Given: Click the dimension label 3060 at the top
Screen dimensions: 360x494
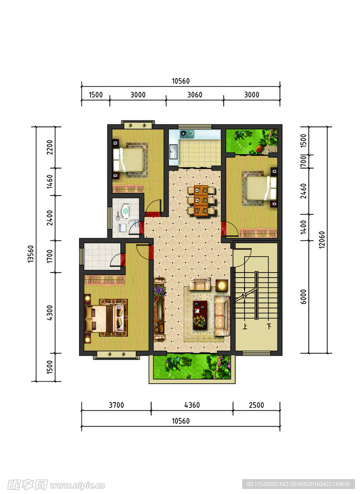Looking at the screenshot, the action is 194,95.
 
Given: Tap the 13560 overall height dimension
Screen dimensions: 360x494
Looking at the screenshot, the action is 30,254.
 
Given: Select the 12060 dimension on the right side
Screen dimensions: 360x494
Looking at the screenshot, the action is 321,240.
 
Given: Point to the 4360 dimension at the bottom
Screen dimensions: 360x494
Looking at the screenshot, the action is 192,405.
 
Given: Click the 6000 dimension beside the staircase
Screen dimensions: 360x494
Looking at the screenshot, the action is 303,296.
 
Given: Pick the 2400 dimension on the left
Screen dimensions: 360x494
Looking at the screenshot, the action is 50,218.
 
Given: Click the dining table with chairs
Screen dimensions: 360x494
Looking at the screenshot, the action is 201,200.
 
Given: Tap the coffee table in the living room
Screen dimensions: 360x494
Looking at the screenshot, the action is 200,315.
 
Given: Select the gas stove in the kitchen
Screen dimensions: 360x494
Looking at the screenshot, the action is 187,134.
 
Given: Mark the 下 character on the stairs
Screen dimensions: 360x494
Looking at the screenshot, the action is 269,326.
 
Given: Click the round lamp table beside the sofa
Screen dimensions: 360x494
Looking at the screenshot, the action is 222,286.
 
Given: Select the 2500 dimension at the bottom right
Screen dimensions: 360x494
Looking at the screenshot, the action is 257,405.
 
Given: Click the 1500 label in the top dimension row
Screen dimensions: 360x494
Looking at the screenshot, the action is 95,95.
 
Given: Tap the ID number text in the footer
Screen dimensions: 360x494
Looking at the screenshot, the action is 298,484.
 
